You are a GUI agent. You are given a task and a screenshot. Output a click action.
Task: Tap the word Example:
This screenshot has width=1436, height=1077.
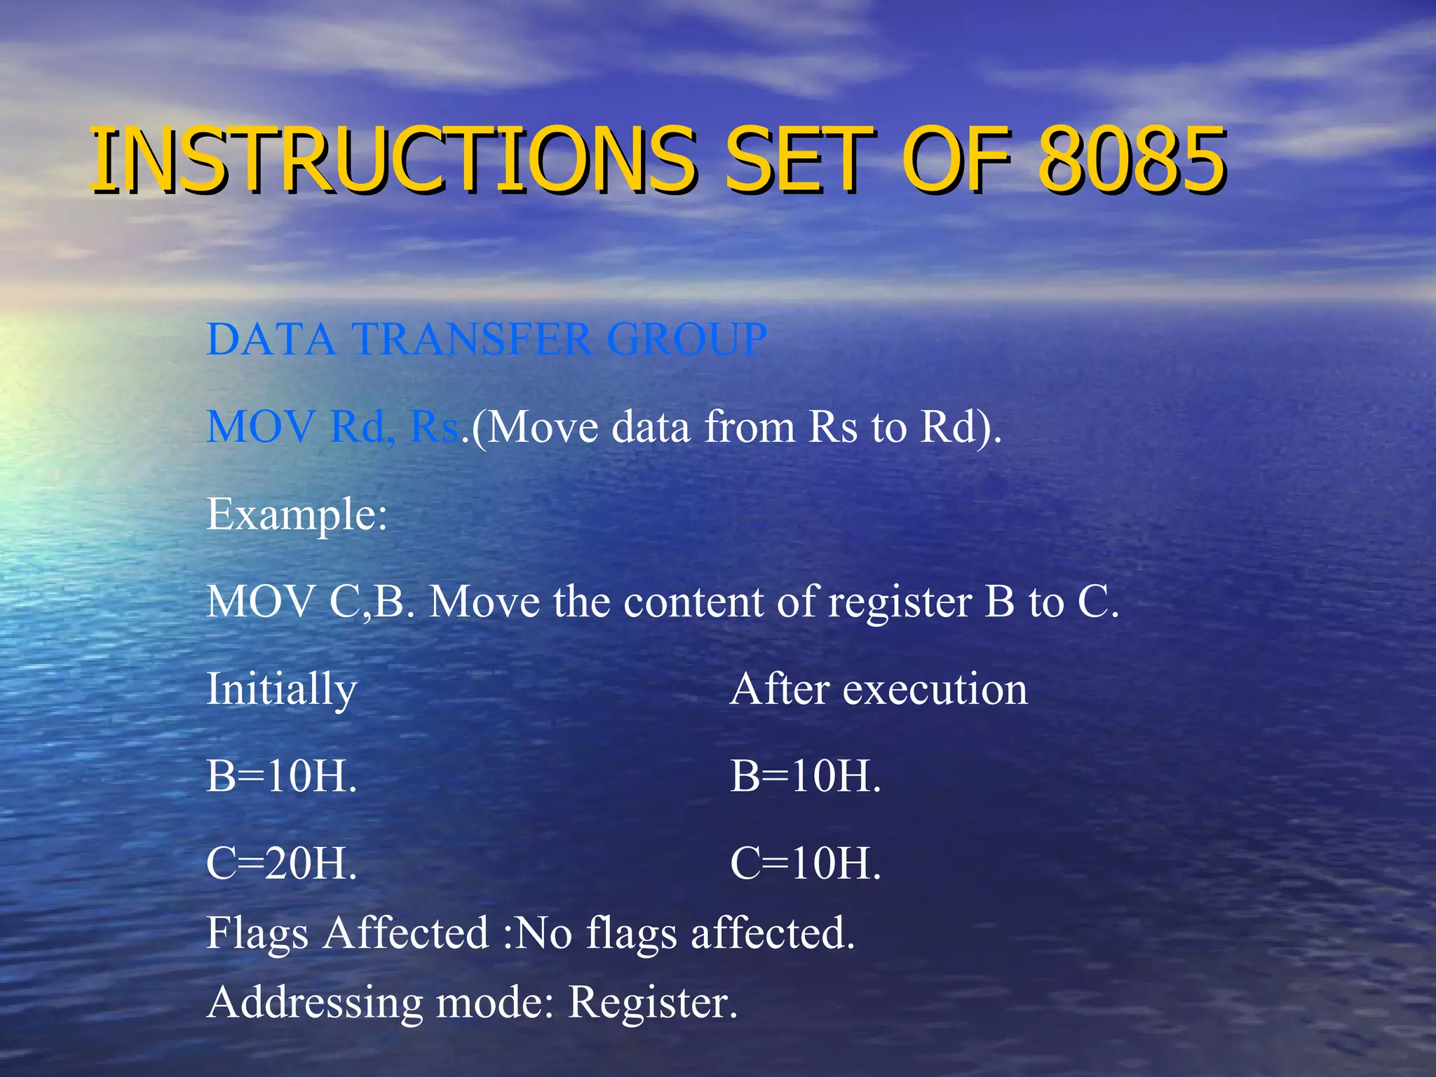297,515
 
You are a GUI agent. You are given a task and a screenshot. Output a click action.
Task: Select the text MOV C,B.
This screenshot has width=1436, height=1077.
309,602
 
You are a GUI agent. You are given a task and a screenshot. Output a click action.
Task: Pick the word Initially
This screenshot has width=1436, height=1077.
281,690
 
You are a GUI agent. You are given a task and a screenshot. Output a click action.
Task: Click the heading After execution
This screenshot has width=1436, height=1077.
879,689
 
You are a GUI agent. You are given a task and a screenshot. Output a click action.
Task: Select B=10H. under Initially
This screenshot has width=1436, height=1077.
281,776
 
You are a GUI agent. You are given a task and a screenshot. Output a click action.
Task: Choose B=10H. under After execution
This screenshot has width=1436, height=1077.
805,776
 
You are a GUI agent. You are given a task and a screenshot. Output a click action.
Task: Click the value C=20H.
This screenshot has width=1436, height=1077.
281,863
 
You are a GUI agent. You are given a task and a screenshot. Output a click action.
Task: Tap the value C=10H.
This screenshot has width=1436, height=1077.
805,863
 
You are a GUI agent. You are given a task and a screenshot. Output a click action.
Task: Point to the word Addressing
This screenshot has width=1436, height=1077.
315,1002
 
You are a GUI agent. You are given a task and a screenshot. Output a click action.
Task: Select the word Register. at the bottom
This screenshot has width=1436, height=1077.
652,1003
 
